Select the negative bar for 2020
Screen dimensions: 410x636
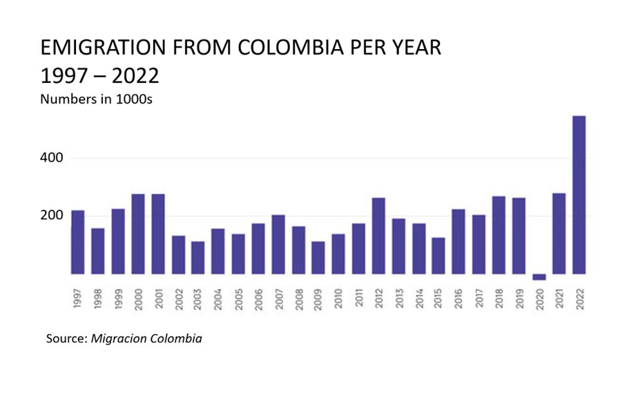(x=539, y=277)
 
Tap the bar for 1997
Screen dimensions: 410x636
(x=77, y=242)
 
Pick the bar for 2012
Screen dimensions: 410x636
(x=378, y=235)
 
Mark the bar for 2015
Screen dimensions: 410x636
(x=439, y=255)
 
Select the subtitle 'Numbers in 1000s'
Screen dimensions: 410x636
(x=96, y=99)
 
